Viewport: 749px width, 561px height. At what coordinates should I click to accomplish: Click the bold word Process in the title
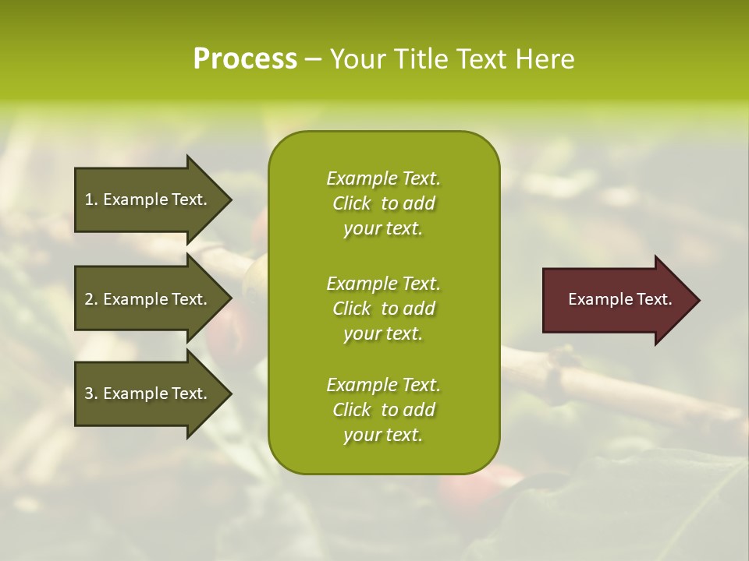pyautogui.click(x=245, y=59)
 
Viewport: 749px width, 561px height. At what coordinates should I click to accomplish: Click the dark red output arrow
pyautogui.click(x=616, y=300)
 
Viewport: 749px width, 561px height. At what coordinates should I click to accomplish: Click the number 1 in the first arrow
pyautogui.click(x=89, y=199)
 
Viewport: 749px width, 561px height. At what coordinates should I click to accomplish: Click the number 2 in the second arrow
pyautogui.click(x=89, y=299)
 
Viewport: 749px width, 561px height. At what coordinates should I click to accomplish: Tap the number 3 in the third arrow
pyautogui.click(x=89, y=393)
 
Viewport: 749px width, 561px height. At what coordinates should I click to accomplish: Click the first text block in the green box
pyautogui.click(x=383, y=203)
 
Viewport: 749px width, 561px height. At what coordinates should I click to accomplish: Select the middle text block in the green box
pyautogui.click(x=383, y=308)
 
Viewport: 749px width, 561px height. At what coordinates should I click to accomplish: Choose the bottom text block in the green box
pyautogui.click(x=383, y=410)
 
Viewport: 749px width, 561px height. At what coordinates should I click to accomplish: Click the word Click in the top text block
pyautogui.click(x=352, y=203)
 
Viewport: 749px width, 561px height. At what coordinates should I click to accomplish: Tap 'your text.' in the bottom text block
pyautogui.click(x=383, y=435)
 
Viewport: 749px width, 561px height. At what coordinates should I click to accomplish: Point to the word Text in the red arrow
pyautogui.click(x=654, y=299)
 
